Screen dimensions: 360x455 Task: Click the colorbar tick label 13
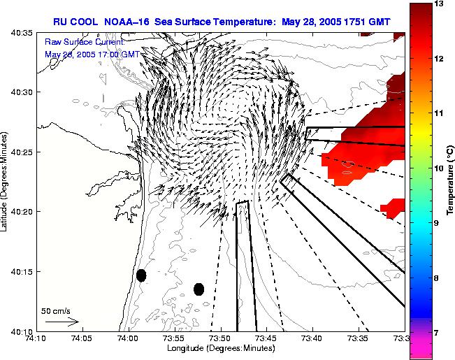click(x=440, y=4)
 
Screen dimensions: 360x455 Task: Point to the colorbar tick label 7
click(x=438, y=333)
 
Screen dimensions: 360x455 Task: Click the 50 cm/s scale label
click(x=56, y=310)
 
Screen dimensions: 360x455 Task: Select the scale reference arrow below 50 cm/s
click(x=62, y=322)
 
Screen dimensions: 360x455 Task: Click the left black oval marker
click(x=141, y=275)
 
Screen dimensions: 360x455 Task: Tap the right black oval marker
click(x=198, y=289)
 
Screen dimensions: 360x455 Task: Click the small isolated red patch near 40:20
click(x=393, y=207)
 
